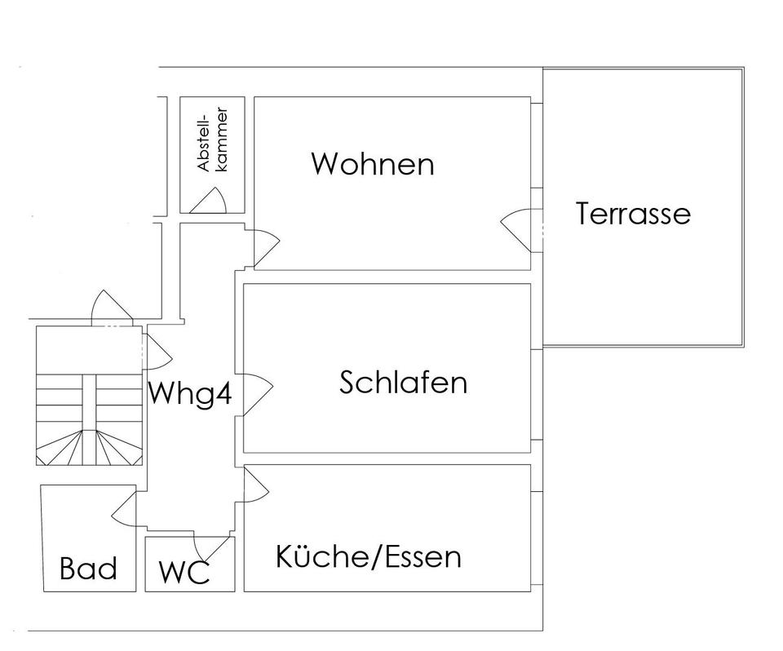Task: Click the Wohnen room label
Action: (x=372, y=164)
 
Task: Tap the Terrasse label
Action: (x=633, y=214)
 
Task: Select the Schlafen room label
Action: (x=403, y=383)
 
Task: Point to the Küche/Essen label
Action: (x=368, y=557)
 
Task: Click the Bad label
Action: (x=88, y=569)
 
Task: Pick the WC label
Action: (x=184, y=572)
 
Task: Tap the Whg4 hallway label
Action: (x=190, y=395)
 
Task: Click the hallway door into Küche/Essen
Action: (x=255, y=486)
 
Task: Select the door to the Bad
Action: (x=124, y=507)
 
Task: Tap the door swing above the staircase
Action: (x=110, y=308)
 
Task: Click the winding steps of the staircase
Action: (x=90, y=445)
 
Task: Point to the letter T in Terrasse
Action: (x=584, y=214)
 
